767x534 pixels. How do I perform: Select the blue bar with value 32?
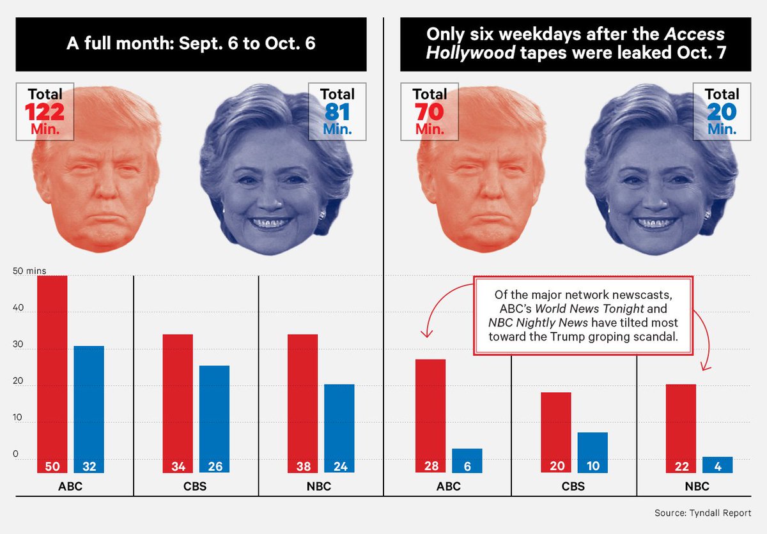[89, 409]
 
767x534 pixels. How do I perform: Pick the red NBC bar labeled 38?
[302, 402]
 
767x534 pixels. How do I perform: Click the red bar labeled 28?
[430, 415]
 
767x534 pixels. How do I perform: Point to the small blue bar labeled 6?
[467, 461]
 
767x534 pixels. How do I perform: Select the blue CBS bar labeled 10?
[593, 452]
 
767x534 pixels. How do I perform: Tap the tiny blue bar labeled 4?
[718, 464]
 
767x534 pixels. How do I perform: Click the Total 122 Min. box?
[45, 112]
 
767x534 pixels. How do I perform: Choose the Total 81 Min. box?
[337, 112]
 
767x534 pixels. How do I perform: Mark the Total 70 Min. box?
[430, 112]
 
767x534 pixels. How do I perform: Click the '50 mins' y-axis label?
[29, 271]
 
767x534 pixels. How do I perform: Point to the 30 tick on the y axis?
[18, 345]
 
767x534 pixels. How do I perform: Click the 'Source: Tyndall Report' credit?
[702, 513]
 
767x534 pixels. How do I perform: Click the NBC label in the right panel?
[697, 487]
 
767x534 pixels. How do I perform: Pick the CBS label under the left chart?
[195, 487]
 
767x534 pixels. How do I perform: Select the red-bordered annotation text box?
[583, 315]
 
